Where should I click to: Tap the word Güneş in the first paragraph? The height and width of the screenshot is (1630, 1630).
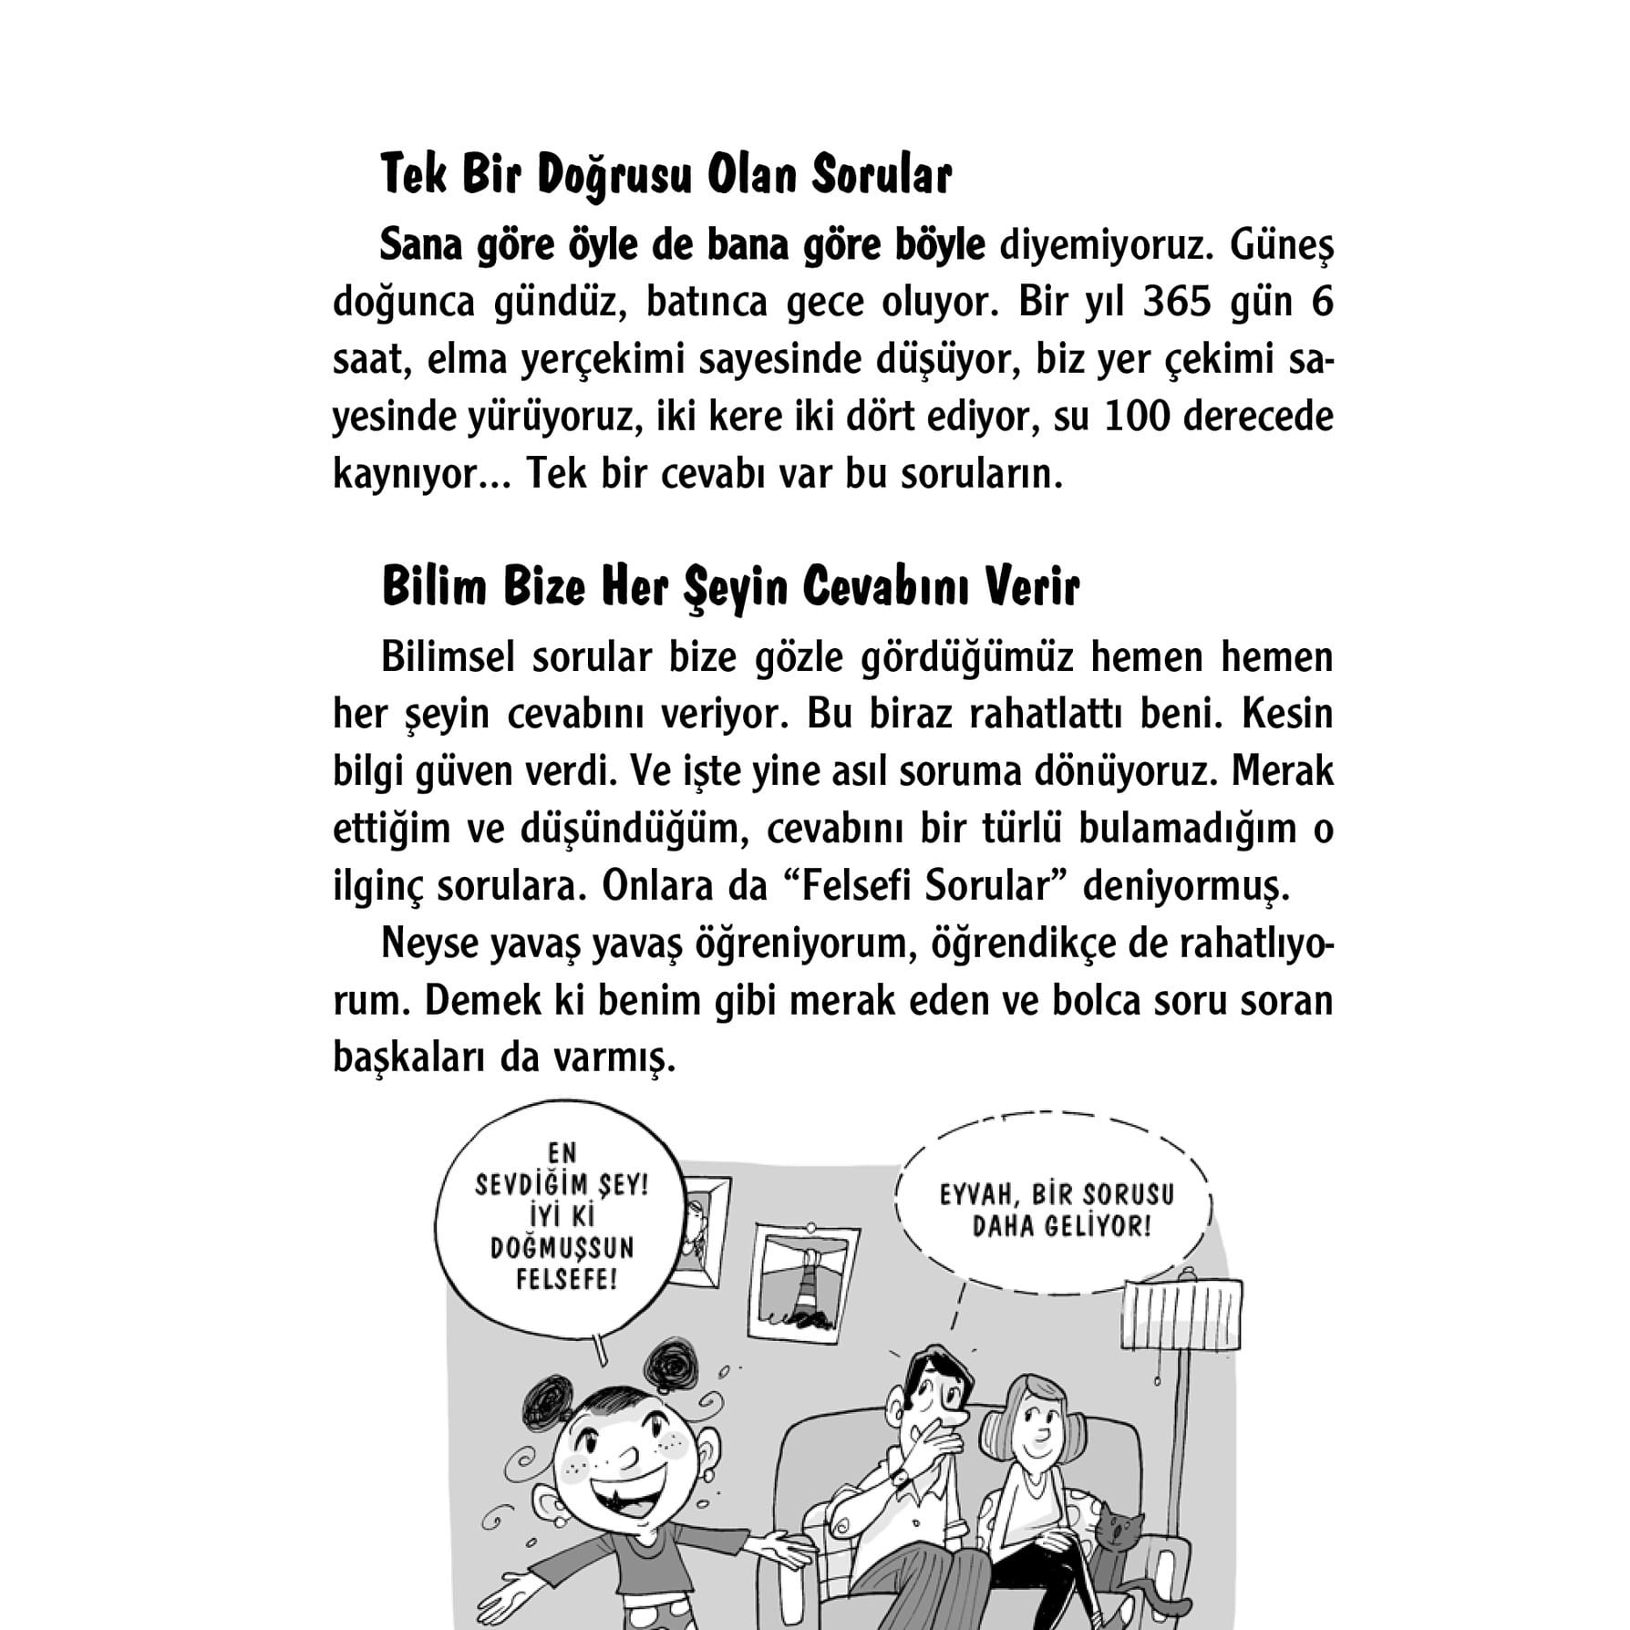[x=1281, y=246]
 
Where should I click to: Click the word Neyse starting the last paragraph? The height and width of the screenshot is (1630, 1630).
[x=429, y=944]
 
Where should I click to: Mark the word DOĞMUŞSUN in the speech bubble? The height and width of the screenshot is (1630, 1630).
[x=562, y=1248]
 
